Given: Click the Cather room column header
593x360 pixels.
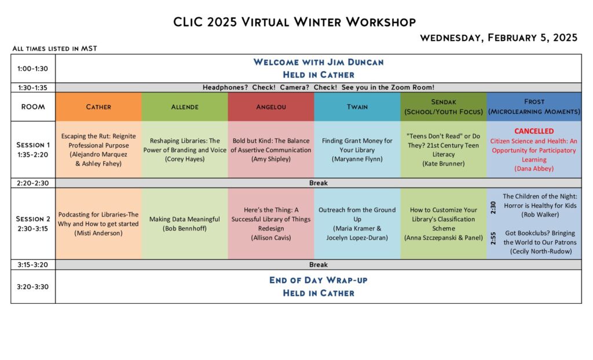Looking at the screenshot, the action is pyautogui.click(x=98, y=107).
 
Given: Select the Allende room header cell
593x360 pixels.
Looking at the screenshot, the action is pyautogui.click(x=185, y=107).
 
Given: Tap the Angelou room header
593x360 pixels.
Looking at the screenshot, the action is pyautogui.click(x=271, y=107).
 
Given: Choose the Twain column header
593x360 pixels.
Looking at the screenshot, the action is pyautogui.click(x=357, y=107).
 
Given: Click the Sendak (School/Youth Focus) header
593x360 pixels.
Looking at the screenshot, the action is pyautogui.click(x=443, y=107).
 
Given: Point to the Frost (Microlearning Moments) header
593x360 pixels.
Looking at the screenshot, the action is pyautogui.click(x=534, y=107).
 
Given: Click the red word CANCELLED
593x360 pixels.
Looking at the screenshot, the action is pyautogui.click(x=534, y=131).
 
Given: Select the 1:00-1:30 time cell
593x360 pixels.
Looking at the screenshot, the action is pyautogui.click(x=33, y=69).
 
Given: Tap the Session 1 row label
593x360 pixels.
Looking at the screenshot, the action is pyautogui.click(x=33, y=150).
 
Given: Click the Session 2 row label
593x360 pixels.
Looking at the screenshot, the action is pyautogui.click(x=33, y=224).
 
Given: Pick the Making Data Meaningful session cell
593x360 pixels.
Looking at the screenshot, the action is pyautogui.click(x=185, y=224).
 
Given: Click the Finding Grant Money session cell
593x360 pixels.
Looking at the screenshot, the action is pyautogui.click(x=357, y=150).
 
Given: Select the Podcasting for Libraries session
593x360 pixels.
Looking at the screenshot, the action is pyautogui.click(x=98, y=224).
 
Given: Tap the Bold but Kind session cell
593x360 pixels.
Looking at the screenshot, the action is pyautogui.click(x=271, y=150).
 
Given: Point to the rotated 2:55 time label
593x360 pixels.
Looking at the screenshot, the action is pyautogui.click(x=493, y=238).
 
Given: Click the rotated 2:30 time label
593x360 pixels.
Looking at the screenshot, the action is pyautogui.click(x=493, y=208).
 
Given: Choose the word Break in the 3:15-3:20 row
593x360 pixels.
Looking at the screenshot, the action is pyautogui.click(x=319, y=265).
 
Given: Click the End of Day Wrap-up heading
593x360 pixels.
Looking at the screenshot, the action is pyautogui.click(x=319, y=280).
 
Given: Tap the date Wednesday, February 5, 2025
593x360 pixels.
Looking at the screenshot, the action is pyautogui.click(x=499, y=38).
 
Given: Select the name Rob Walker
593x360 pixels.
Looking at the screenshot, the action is pyautogui.click(x=540, y=215).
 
